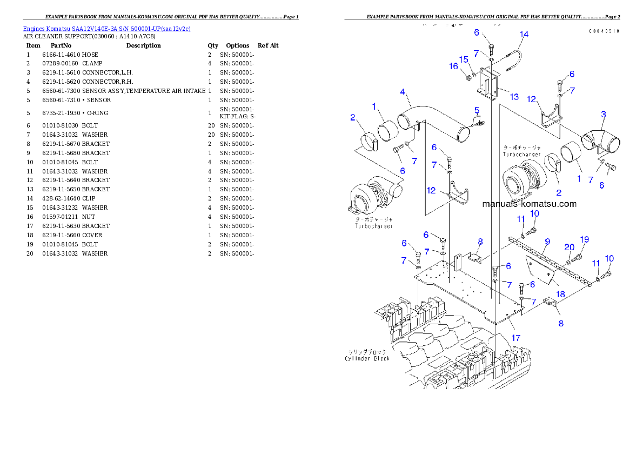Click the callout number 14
tap(524, 34)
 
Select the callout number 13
tap(514, 97)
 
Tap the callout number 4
tap(403, 92)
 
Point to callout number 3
tap(603, 114)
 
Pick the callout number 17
tap(516, 338)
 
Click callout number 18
tap(560, 294)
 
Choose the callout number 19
tap(584, 239)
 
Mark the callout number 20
tap(569, 247)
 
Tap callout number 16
tap(453, 66)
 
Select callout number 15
tap(464, 59)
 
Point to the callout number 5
tap(477, 111)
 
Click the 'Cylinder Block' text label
tap(367, 358)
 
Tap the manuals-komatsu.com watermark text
tap(529, 204)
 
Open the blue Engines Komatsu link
tap(106, 28)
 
